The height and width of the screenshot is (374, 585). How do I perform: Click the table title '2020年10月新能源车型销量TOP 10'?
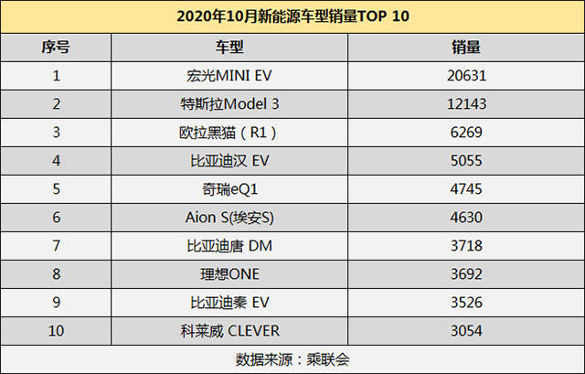(x=292, y=16)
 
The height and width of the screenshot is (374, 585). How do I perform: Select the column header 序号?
(x=56, y=48)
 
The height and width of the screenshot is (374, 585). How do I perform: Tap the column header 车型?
(x=229, y=48)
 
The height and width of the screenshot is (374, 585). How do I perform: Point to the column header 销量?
(x=466, y=48)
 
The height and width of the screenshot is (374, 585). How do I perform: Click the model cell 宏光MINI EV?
(x=229, y=76)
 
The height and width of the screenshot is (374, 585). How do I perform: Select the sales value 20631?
(x=466, y=76)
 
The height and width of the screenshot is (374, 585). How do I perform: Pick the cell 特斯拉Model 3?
(x=229, y=103)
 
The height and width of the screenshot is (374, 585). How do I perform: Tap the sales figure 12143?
(x=466, y=103)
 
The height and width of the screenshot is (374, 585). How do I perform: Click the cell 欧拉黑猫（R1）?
(x=228, y=133)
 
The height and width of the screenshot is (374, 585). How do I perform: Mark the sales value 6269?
(x=466, y=132)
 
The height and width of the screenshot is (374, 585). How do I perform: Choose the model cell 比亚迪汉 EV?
(x=229, y=161)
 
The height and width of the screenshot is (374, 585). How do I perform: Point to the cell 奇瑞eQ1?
(x=229, y=189)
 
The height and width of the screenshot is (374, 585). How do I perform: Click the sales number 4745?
(x=466, y=189)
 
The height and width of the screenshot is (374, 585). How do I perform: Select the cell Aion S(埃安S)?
(x=229, y=218)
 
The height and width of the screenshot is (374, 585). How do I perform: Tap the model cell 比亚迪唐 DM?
(x=229, y=246)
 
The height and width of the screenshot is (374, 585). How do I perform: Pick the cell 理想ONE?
(x=229, y=274)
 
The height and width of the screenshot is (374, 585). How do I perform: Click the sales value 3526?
(x=466, y=303)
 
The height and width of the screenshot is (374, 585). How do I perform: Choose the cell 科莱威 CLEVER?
(x=229, y=331)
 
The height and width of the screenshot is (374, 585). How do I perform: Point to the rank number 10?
(x=56, y=331)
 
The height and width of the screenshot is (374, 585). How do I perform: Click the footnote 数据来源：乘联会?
(x=292, y=359)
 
